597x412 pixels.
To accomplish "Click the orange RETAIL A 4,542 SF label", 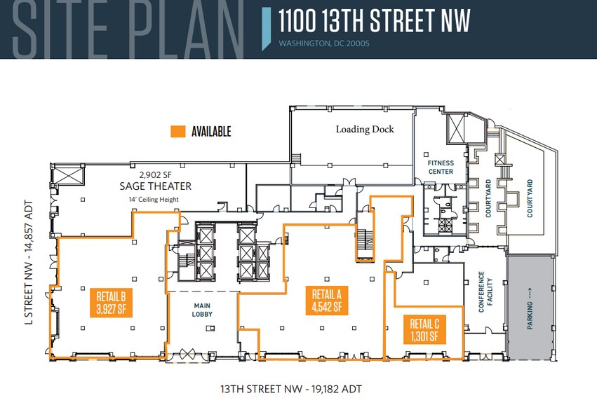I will point(327,299).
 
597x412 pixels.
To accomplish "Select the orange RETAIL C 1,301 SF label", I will point(424,329).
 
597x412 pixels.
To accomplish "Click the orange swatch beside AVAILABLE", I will point(178,131).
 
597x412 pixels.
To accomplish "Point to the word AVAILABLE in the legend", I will point(211,131).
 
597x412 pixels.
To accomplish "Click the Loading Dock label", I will point(365,129).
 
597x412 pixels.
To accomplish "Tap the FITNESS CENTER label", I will point(441,167).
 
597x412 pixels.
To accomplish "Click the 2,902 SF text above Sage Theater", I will point(155,174).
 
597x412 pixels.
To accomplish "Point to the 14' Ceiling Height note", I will point(155,199).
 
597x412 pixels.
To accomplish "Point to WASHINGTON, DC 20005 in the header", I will point(324,43).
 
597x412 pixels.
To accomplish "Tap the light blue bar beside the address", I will point(266,28).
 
